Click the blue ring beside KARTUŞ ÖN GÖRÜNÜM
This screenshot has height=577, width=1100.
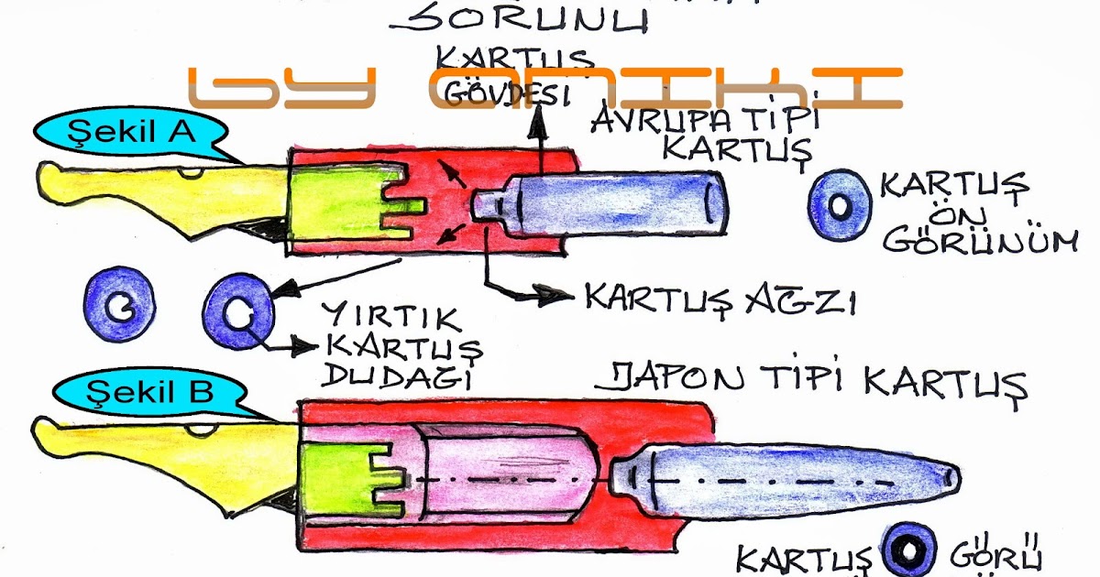tap(840, 205)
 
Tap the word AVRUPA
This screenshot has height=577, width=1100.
tap(656, 118)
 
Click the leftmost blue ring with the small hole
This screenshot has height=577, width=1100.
tap(120, 307)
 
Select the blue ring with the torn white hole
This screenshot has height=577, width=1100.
tap(237, 312)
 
